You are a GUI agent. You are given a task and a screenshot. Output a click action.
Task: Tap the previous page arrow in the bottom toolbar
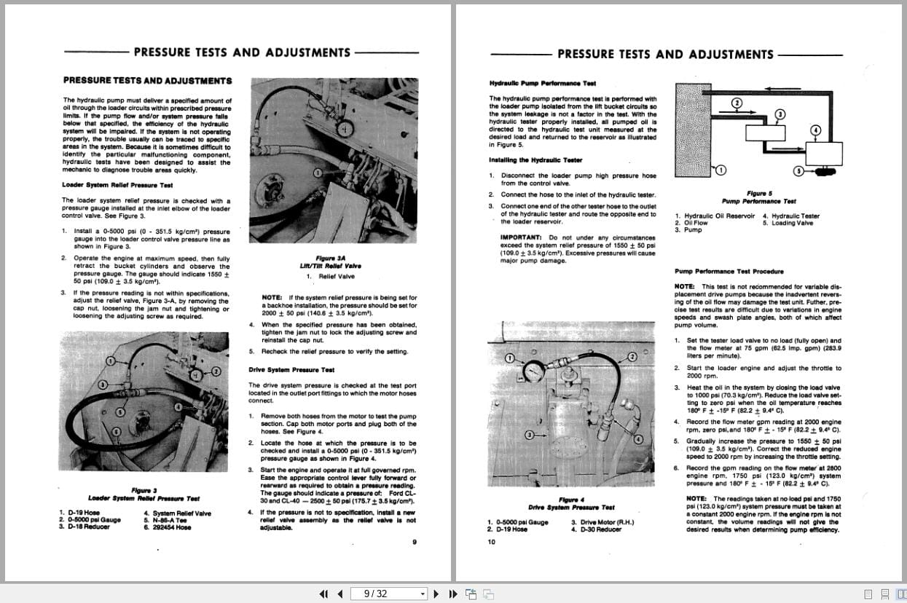coord(340,594)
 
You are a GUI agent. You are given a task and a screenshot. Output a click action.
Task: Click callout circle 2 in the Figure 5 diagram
coord(737,103)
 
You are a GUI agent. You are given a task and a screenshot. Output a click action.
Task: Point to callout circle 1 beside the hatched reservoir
coord(721,170)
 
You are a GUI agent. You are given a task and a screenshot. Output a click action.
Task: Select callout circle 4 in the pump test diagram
coord(816,130)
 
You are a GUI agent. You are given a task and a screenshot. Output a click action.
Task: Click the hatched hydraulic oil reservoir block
coord(693,130)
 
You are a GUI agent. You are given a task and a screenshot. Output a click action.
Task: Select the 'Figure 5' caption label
coord(759,193)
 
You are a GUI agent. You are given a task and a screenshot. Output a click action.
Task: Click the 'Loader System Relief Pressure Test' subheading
coord(117,185)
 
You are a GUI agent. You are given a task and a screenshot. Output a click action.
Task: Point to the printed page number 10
coord(491,541)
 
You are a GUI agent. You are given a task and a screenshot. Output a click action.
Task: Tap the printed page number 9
coord(414,541)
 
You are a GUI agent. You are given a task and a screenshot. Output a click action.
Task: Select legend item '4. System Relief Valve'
coord(178,513)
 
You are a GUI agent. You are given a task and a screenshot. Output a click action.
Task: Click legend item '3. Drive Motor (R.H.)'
coord(602,522)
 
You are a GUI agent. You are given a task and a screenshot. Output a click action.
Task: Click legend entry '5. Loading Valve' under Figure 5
coord(788,223)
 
